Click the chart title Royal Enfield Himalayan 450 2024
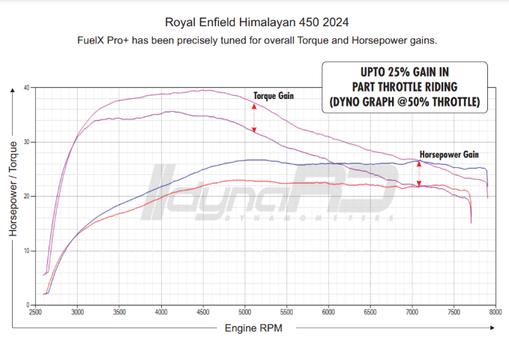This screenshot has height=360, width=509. pos(254,22)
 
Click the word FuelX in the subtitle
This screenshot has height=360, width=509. pos(91,40)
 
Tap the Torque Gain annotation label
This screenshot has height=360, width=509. pos(273,96)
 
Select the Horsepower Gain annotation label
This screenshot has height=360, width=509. pos(449,154)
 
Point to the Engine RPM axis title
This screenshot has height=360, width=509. pos(254,328)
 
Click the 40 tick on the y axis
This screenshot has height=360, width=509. pos(26,88)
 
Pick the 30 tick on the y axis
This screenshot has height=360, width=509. pos(26,142)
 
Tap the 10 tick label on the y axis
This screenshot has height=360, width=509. pos(26,250)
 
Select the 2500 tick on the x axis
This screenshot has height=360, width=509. pos(35,310)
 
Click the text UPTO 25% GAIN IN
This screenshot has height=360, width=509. pos(405,73)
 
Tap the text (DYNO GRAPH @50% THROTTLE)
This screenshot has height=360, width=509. pos(405,100)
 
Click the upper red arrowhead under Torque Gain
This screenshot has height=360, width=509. pos(254,107)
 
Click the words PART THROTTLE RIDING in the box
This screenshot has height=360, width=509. pos(405,86)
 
